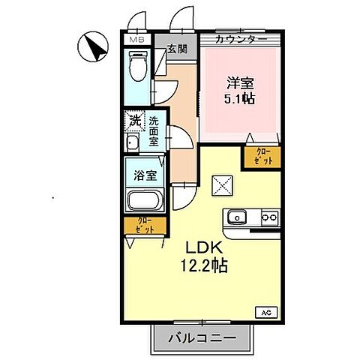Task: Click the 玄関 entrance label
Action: (x=177, y=50)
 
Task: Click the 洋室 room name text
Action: (x=238, y=82)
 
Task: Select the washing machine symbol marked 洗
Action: (x=133, y=120)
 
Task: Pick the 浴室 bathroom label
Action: (x=145, y=175)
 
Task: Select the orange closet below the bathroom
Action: (x=145, y=226)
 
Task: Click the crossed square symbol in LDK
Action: (x=223, y=184)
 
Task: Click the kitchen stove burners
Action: (x=268, y=218)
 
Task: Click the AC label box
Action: (x=265, y=311)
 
